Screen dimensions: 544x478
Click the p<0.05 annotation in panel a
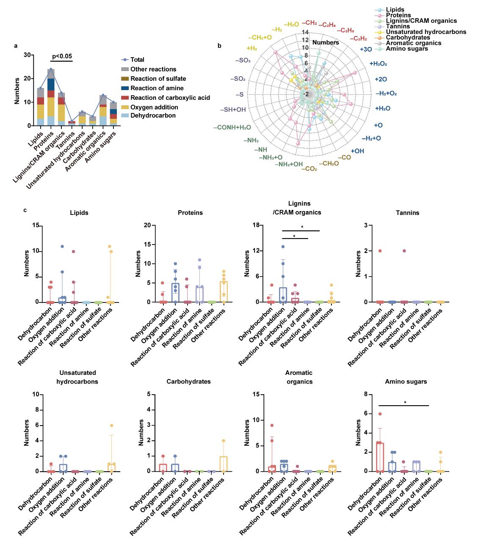click(x=62, y=56)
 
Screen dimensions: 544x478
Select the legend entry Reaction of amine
click(x=157, y=88)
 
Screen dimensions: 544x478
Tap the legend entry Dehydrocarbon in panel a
click(x=153, y=115)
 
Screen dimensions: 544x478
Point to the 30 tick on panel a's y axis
click(x=27, y=55)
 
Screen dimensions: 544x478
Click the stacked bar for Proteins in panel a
click(x=51, y=97)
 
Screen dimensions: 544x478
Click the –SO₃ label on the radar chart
click(x=243, y=60)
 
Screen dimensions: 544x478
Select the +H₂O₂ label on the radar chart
click(x=378, y=64)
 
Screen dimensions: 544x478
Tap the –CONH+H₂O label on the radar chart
click(x=232, y=127)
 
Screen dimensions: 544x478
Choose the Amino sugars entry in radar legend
click(x=406, y=49)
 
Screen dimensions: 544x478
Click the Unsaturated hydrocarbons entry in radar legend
click(x=426, y=32)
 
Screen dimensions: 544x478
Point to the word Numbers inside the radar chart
click(x=326, y=42)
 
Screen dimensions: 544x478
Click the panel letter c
click(x=25, y=210)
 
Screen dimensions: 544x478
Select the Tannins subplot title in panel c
click(x=407, y=213)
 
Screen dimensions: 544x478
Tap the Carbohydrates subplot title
click(x=188, y=382)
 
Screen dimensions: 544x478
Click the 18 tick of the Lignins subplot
click(x=256, y=225)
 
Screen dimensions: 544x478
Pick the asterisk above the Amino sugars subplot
click(x=405, y=403)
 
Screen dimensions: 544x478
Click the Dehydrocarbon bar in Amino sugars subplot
click(x=380, y=457)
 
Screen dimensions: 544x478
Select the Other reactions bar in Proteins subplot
click(x=224, y=292)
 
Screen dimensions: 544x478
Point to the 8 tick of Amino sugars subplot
click(x=365, y=394)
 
